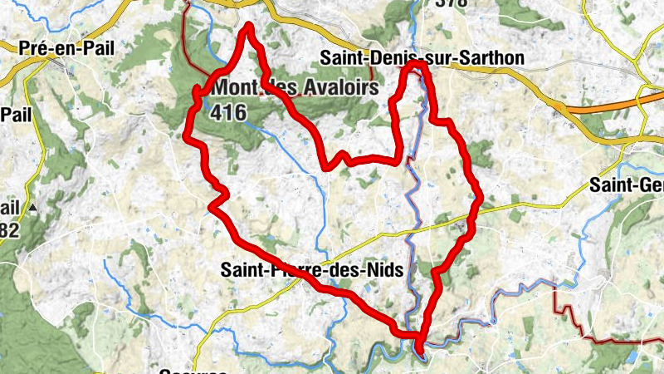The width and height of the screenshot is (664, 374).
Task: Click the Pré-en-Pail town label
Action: pos(67,47)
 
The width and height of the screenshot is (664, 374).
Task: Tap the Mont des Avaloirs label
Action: pos(295,86)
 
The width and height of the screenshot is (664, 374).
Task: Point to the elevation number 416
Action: pos(228,111)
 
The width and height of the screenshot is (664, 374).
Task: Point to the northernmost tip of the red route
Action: pos(248,27)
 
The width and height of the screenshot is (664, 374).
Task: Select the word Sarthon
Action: pos(496,58)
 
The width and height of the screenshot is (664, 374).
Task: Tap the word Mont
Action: pos(235,86)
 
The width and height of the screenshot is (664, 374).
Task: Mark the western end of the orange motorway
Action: pos(565,107)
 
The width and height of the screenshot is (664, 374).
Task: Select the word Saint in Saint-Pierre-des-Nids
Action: pos(242,269)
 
